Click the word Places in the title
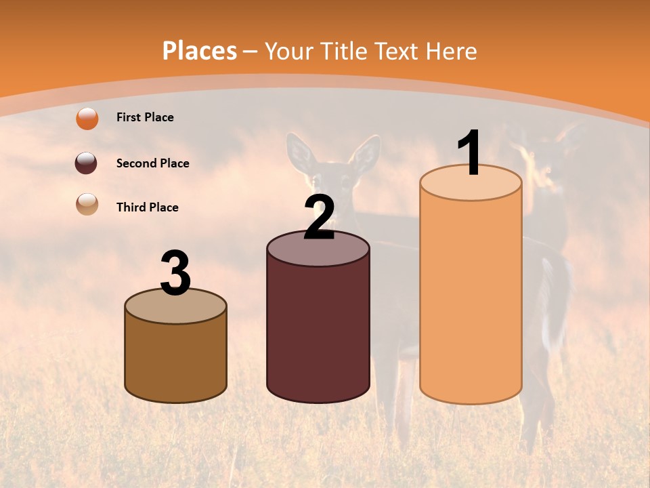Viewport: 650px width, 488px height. click(200, 51)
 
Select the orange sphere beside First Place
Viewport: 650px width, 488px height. click(87, 119)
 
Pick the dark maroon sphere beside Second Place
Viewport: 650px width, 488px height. click(86, 163)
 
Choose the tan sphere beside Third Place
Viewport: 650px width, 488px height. click(87, 205)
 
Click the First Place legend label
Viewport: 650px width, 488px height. click(145, 117)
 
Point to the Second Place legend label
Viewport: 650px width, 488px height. click(152, 163)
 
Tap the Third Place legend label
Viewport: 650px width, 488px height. click(147, 207)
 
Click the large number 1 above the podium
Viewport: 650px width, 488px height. click(470, 153)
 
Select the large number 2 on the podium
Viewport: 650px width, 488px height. click(320, 217)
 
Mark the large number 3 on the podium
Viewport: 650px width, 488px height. click(175, 273)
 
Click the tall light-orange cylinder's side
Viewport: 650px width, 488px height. click(471, 298)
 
